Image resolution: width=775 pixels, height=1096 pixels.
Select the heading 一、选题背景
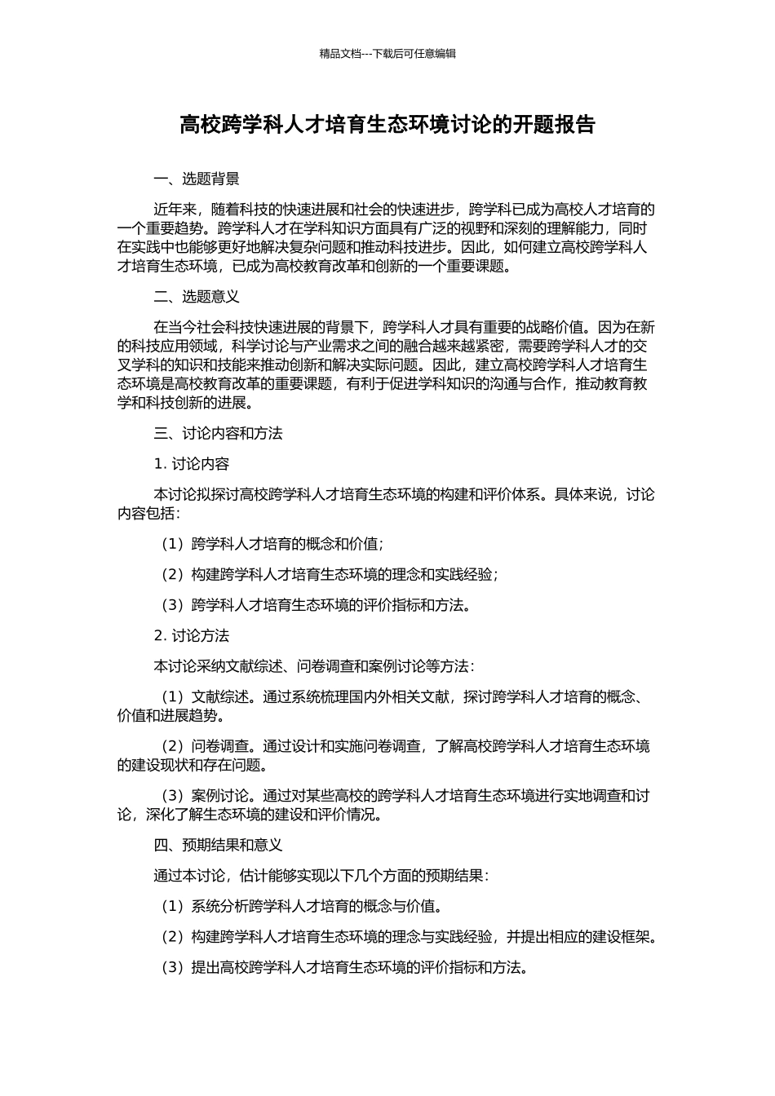pyautogui.click(x=197, y=179)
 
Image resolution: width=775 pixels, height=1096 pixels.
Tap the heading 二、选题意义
pyautogui.click(x=197, y=297)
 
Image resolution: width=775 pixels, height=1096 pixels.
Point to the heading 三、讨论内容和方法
pyautogui.click(x=218, y=434)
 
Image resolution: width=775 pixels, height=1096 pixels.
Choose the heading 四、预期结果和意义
pyautogui.click(x=218, y=845)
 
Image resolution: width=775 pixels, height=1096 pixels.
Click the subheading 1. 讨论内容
pyautogui.click(x=192, y=464)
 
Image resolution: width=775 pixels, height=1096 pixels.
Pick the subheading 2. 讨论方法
pyautogui.click(x=192, y=636)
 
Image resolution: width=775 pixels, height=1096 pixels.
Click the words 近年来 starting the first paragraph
pyautogui.click(x=175, y=210)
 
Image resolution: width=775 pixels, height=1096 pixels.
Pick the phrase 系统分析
pyautogui.click(x=220, y=906)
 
